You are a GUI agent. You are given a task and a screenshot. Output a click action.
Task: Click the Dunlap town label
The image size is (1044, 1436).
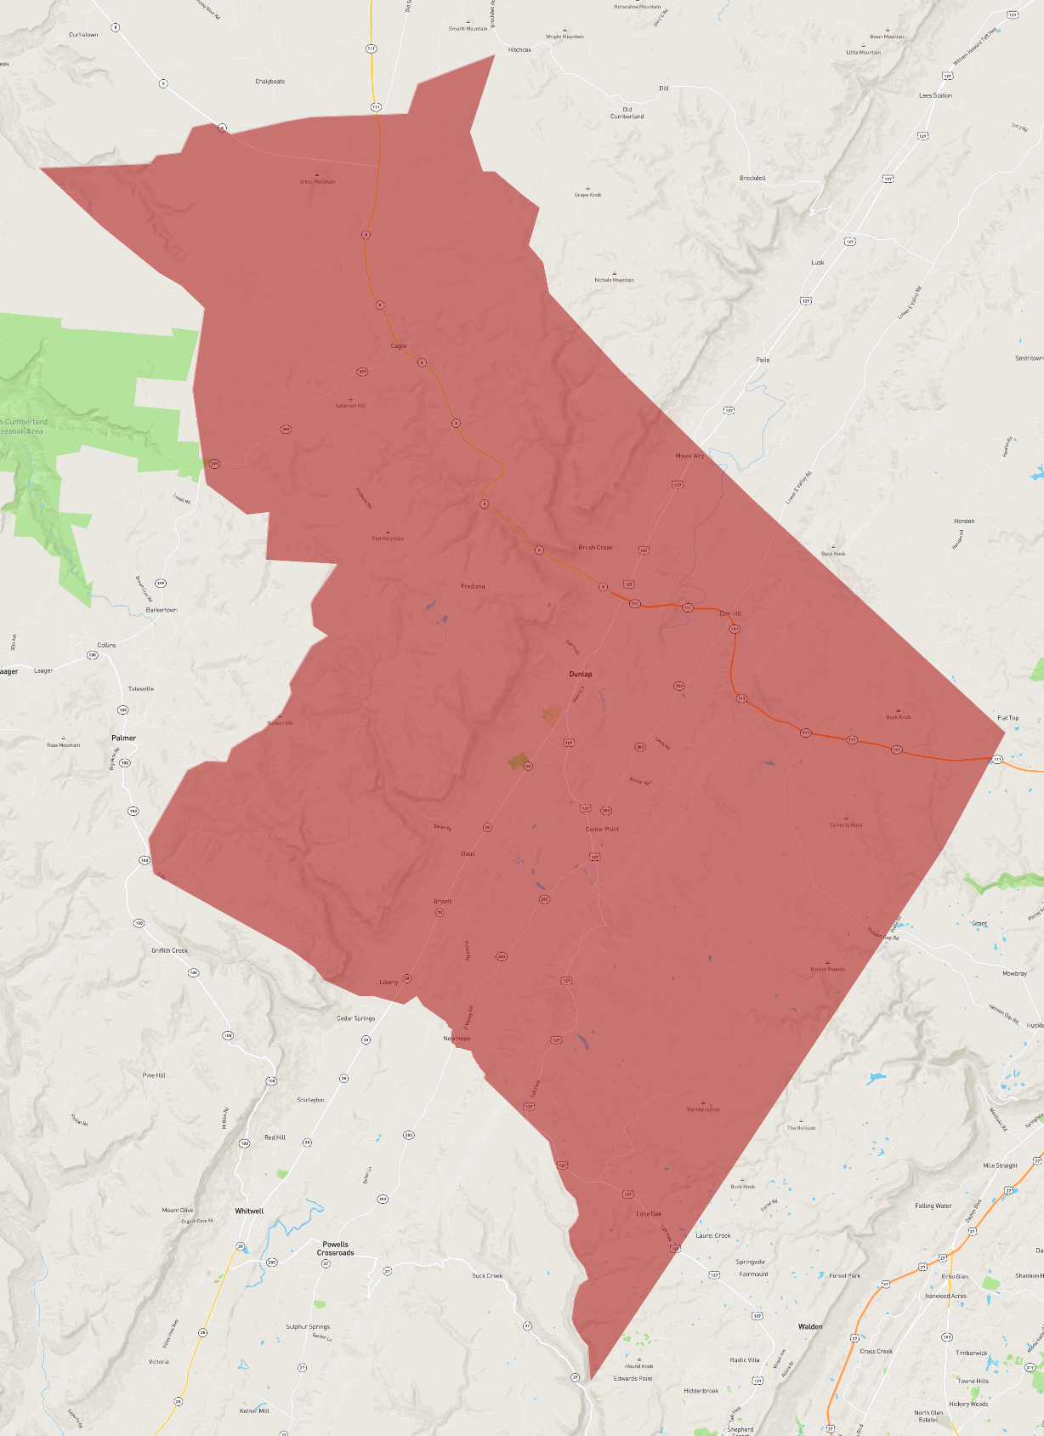coord(581,674)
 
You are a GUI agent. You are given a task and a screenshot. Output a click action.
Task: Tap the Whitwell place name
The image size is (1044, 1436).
coord(249,1211)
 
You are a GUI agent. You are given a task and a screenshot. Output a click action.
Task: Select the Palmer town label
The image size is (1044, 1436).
coord(123,738)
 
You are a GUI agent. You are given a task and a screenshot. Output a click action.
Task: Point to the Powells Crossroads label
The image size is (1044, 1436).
coord(336,1248)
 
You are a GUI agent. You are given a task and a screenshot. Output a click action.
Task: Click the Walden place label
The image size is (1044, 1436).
coord(810,1326)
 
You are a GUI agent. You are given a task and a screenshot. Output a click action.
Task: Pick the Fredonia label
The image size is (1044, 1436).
coord(473,586)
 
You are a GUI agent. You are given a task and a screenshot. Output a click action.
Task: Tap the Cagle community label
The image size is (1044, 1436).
coord(399,345)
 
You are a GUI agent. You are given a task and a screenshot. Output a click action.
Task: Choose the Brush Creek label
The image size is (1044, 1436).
coord(595,547)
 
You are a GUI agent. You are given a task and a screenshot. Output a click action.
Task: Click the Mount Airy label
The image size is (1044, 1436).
coord(689,456)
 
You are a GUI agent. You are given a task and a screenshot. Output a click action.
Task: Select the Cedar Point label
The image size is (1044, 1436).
coord(602,829)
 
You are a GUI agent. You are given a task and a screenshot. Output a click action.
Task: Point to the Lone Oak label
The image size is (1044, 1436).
coord(649,1214)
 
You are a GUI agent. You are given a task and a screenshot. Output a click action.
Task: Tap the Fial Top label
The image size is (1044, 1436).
coord(1007,718)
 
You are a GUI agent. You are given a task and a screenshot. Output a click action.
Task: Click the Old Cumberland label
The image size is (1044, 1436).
coord(627,113)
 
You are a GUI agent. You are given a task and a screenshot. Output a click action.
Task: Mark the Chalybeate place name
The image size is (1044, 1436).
coord(270,82)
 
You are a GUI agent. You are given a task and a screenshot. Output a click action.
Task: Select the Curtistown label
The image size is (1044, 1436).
coord(83,35)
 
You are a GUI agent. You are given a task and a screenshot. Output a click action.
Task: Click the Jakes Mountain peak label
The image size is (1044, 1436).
coord(317,181)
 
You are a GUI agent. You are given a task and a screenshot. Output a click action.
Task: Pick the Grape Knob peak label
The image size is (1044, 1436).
coord(587,195)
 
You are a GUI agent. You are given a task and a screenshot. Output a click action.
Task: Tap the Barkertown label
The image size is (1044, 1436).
coord(162,610)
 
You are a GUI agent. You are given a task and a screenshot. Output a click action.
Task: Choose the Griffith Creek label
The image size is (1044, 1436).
coord(170,950)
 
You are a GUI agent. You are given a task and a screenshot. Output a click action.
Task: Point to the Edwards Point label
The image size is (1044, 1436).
coord(633,1378)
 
